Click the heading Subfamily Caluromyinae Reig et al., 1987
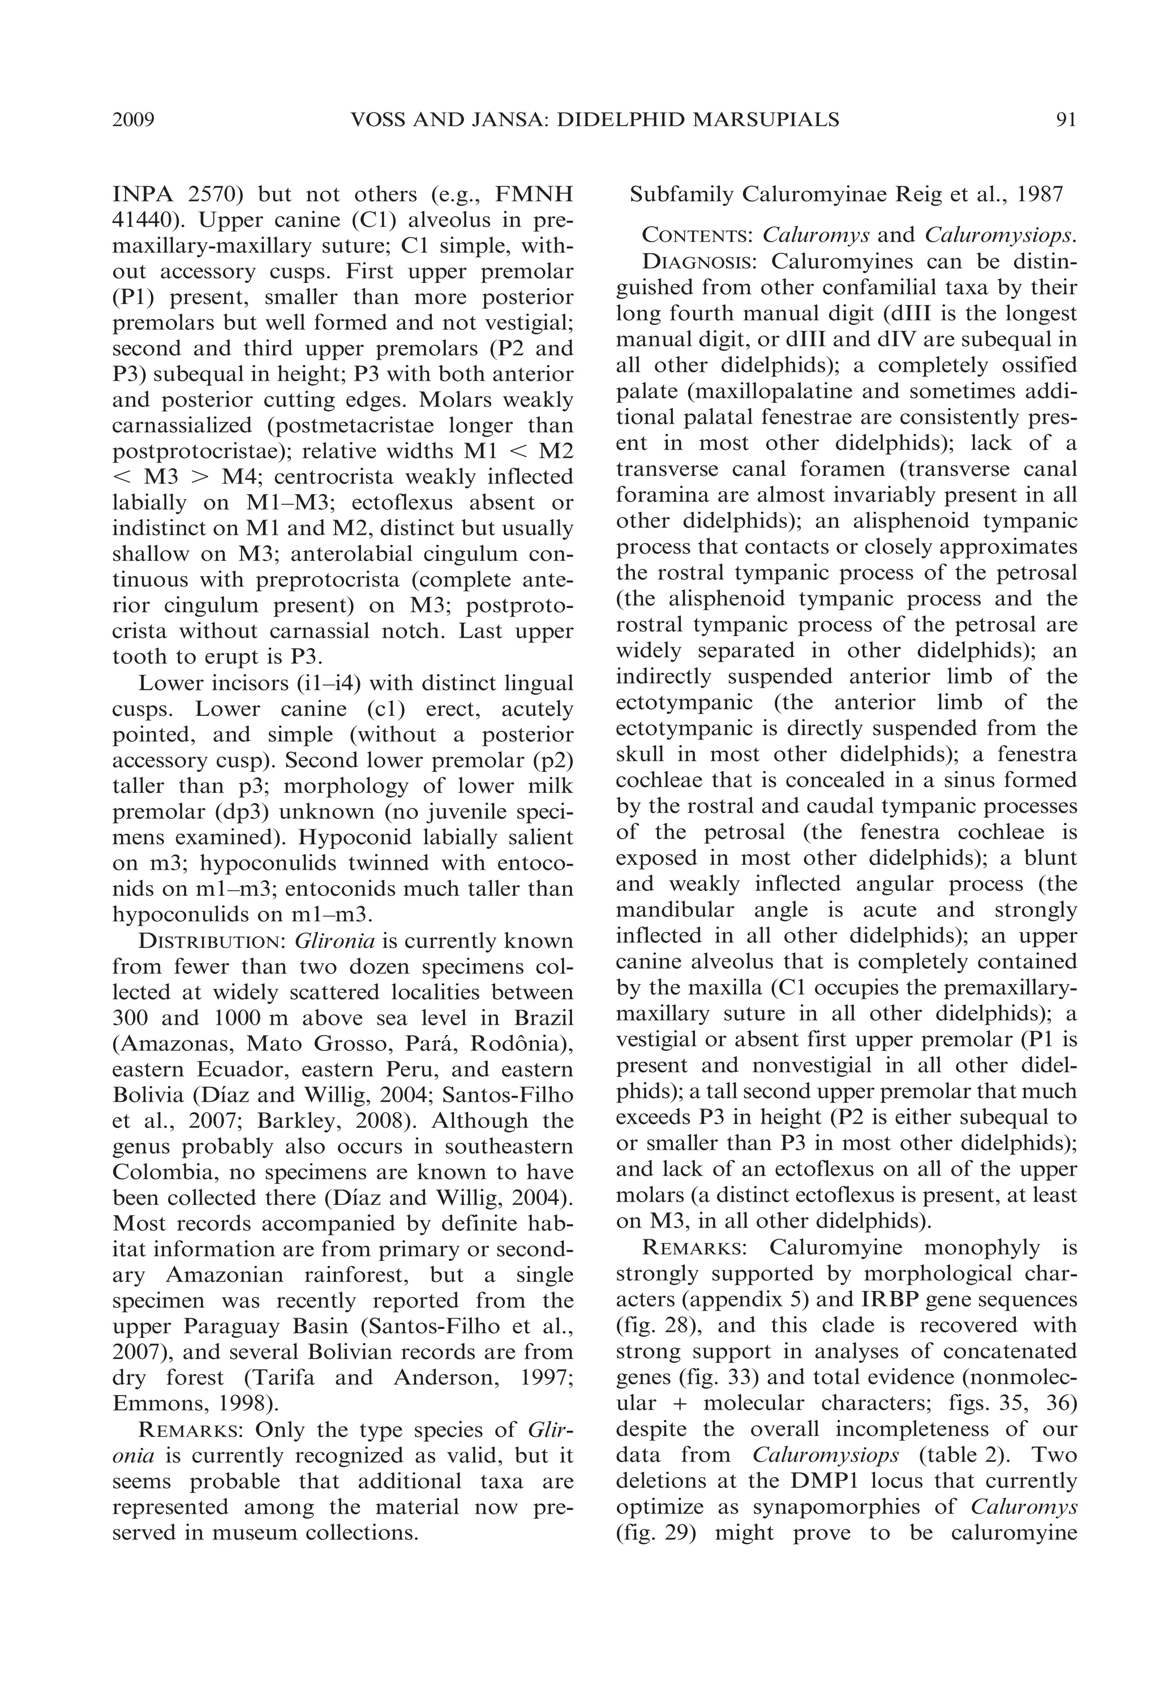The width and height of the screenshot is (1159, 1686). (846, 195)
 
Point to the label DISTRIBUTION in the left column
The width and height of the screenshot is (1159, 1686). (211, 942)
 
